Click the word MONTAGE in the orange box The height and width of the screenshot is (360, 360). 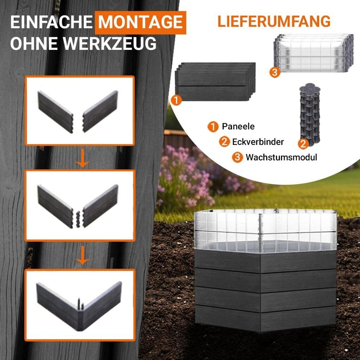coord(140,22)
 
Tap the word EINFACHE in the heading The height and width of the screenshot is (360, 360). coord(51,22)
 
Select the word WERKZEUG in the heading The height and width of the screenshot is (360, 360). coord(110,43)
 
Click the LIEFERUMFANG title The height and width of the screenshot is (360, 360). coord(274,21)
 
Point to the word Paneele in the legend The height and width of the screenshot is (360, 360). coord(238,126)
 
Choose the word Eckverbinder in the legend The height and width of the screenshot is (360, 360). coord(258,142)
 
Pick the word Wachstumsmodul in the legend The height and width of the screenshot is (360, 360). coord(281,157)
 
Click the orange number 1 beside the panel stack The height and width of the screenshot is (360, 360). coord(176,100)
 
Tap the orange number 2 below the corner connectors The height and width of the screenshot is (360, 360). coord(303,144)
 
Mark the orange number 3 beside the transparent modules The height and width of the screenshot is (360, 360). coord(275,72)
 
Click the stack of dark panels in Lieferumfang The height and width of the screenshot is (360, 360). coord(216,82)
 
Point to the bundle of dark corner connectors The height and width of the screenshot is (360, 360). coord(310,114)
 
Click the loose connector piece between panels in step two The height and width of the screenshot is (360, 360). coord(78,219)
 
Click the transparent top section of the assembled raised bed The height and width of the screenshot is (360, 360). coord(265,230)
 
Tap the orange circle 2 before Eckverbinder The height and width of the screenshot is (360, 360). coord(224,142)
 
